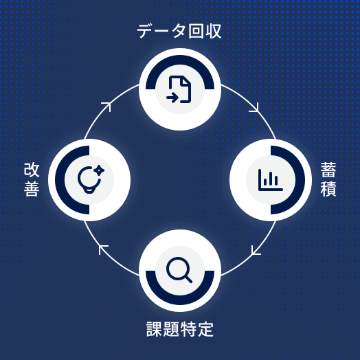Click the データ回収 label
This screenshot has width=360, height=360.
[x=179, y=31]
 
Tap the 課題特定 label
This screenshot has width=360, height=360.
[x=180, y=329]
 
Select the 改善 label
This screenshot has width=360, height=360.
[x=32, y=179]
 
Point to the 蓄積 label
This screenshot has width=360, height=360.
[x=328, y=179]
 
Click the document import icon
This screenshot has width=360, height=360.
[x=179, y=89]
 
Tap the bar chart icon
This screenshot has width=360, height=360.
[x=270, y=180]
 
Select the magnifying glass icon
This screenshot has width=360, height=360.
[x=179, y=270]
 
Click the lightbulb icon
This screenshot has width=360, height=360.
[x=89, y=180]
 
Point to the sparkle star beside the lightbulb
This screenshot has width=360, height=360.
[x=99, y=170]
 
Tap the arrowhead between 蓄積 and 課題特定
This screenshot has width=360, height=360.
[x=255, y=251]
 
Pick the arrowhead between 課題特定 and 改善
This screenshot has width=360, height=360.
[x=102, y=249]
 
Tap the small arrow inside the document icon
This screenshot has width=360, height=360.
[x=172, y=98]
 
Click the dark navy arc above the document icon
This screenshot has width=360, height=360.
[x=180, y=60]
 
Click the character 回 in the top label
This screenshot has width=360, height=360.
[x=196, y=31]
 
